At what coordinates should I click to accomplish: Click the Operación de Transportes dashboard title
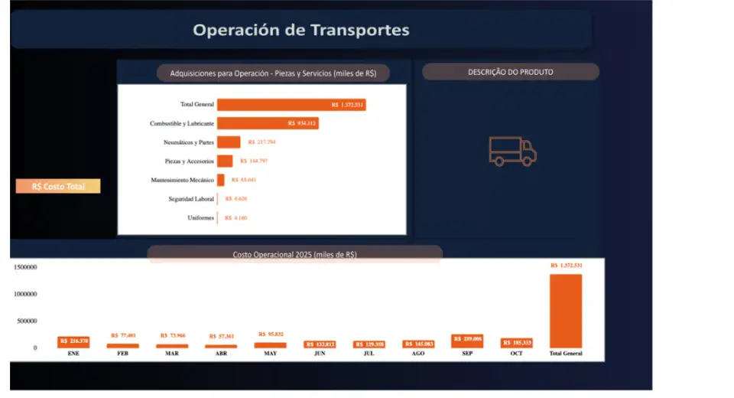click(300, 31)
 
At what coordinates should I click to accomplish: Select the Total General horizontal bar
click(291, 104)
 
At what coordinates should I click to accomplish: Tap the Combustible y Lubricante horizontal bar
click(267, 122)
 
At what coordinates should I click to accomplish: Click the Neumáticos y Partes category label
click(188, 142)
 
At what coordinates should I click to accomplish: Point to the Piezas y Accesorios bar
click(225, 161)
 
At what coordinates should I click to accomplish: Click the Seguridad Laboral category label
click(191, 199)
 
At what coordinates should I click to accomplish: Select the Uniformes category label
click(200, 218)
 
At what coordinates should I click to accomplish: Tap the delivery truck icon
click(512, 151)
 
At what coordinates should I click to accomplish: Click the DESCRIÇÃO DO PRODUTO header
click(510, 72)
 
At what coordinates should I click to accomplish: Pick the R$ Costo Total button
click(58, 186)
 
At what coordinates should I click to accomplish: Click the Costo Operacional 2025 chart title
click(294, 254)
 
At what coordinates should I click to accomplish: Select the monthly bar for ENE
click(73, 342)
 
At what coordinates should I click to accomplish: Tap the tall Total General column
click(565, 311)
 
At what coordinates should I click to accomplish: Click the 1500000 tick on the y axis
click(25, 267)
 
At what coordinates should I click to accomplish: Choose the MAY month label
click(270, 354)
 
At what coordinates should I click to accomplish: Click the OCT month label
click(516, 354)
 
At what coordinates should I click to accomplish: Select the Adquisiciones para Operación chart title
click(273, 73)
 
